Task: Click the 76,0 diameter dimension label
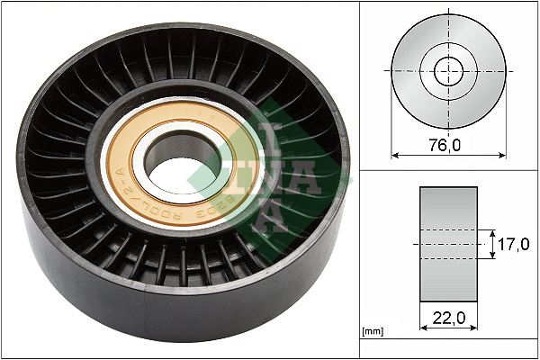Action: (x=447, y=144)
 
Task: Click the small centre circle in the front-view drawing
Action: (x=447, y=71)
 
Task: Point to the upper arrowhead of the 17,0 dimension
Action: (x=491, y=230)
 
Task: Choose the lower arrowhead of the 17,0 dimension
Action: (x=491, y=257)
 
